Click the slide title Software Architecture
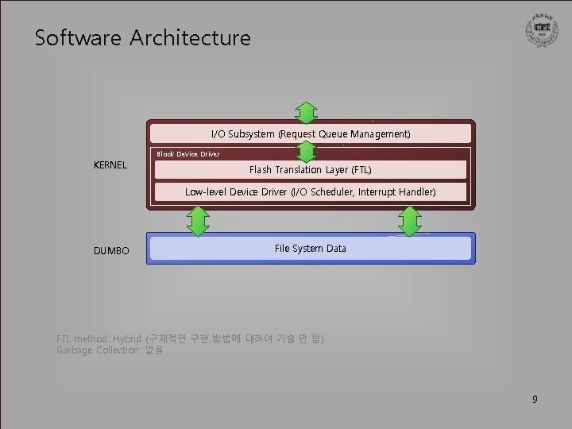[x=142, y=38]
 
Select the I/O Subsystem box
[x=311, y=133]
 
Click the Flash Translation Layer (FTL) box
[x=311, y=170]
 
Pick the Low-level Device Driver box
[x=311, y=192]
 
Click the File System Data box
[x=311, y=249]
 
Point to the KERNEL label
[x=111, y=165]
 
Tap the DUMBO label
[x=111, y=251]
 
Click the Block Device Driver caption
[x=188, y=154]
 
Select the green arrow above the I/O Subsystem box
[x=307, y=112]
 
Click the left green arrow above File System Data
[x=198, y=221]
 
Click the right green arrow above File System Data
[x=409, y=221]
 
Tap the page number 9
[x=535, y=399]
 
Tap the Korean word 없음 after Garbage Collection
[x=154, y=350]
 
